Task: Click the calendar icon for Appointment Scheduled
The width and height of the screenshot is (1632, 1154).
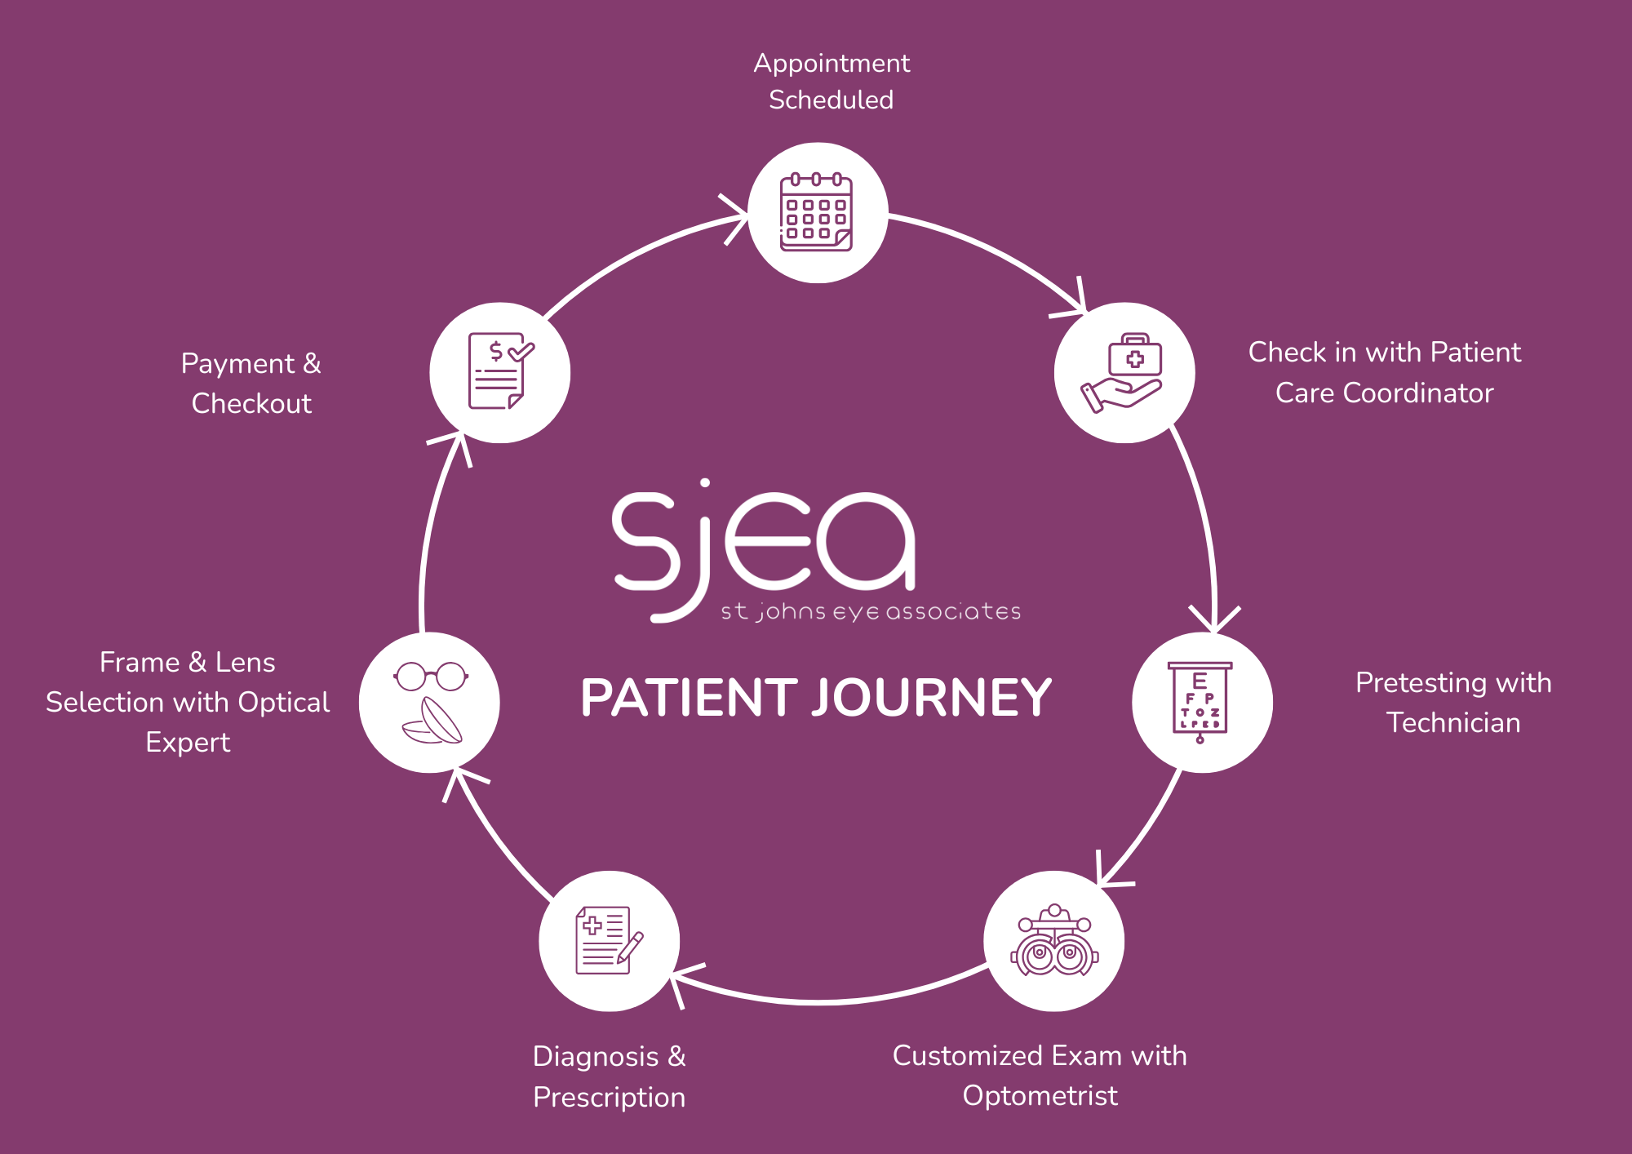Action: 817,212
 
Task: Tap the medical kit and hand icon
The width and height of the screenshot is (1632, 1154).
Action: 1124,373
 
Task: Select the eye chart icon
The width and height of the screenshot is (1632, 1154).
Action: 1200,702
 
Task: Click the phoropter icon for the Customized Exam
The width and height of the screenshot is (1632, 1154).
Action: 1054,941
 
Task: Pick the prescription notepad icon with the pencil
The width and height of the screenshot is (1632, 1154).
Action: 609,941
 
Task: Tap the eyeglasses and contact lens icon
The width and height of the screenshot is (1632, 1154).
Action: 430,702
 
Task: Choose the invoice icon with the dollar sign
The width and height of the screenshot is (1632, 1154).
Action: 499,372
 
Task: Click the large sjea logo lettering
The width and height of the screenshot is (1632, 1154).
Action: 763,543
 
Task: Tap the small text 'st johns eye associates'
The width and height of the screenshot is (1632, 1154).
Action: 871,611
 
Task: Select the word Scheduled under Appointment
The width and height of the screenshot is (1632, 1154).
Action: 831,100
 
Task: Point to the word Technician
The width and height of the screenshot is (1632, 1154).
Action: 1453,723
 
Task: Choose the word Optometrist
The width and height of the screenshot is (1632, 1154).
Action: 1040,1096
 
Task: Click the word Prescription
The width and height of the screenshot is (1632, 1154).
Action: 609,1098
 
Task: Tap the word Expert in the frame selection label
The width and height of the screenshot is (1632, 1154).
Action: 188,743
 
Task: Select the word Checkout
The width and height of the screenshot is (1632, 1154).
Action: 251,404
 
